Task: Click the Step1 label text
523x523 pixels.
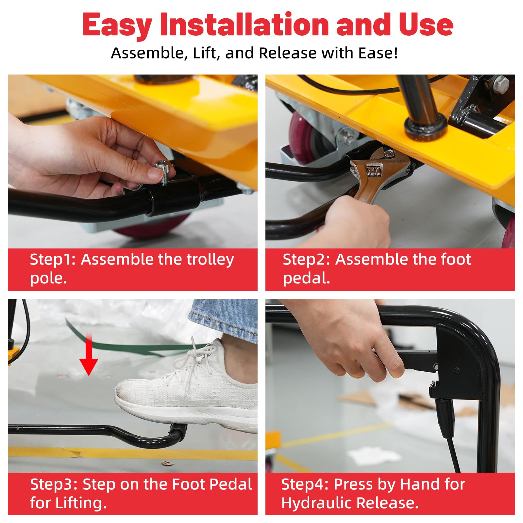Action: pos(53,259)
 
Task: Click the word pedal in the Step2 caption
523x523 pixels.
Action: pos(306,278)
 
